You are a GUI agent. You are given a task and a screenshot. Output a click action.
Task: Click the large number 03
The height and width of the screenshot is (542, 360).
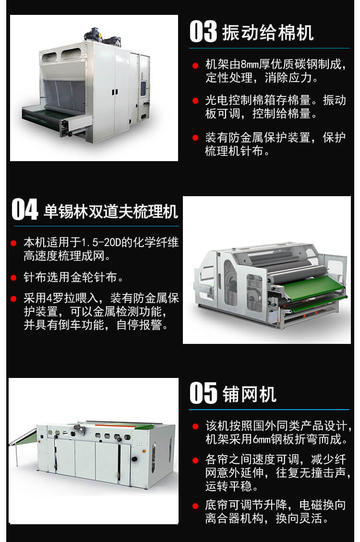pyautogui.click(x=204, y=32)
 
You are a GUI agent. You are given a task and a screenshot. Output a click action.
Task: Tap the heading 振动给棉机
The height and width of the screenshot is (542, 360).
pyautogui.click(x=268, y=33)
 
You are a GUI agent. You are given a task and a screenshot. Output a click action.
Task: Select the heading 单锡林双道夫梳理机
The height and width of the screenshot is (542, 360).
pyautogui.click(x=111, y=211)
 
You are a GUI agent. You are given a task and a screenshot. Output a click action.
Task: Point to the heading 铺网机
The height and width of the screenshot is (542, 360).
pyautogui.click(x=250, y=394)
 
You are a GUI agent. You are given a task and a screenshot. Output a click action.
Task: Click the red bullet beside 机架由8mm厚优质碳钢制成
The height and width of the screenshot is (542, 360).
pyautogui.click(x=195, y=65)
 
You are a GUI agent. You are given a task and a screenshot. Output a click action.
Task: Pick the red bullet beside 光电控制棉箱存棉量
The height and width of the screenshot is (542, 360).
pyautogui.click(x=195, y=101)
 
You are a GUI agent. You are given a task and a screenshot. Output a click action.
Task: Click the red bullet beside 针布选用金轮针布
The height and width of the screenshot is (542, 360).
pyautogui.click(x=14, y=277)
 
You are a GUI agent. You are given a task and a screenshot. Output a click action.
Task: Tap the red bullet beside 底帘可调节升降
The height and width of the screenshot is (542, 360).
pyautogui.click(x=195, y=506)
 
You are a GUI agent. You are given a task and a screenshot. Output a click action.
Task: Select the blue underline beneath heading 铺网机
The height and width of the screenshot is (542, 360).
pyautogui.click(x=269, y=409)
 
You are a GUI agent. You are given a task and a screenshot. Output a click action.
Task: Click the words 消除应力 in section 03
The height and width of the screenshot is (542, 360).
pyautogui.click(x=298, y=77)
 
